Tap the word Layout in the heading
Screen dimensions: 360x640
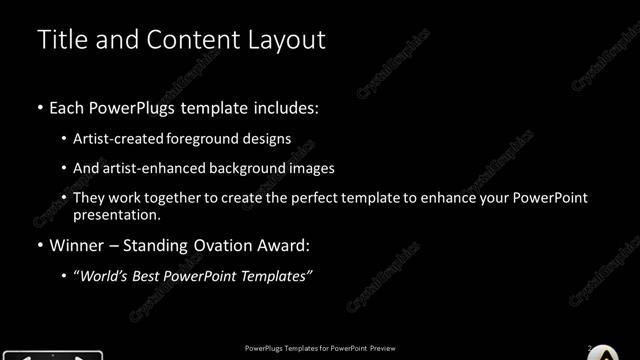[284, 40]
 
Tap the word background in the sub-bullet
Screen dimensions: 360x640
[247, 168]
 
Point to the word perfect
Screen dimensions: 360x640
[312, 198]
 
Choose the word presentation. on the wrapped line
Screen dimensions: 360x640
[116, 214]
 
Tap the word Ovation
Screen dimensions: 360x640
[223, 244]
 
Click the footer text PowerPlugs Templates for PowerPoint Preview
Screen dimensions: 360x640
[320, 347]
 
